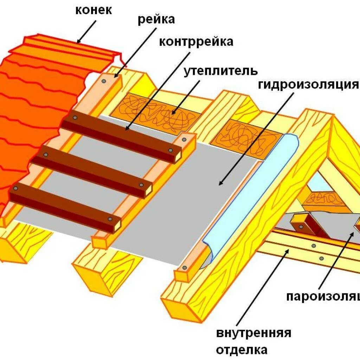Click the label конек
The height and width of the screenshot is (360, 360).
click(94, 10)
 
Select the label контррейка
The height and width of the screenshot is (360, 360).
click(196, 42)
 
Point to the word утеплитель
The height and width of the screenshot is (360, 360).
click(220, 71)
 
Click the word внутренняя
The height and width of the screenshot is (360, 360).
click(253, 332)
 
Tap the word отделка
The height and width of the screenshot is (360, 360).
click(242, 350)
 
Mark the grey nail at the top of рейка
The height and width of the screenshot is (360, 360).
click(104, 81)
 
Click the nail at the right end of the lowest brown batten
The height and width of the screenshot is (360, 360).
click(110, 219)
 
